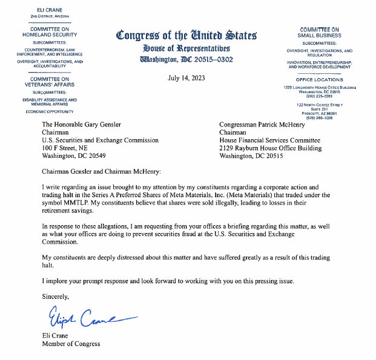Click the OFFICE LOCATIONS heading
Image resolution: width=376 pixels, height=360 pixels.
[x=319, y=80]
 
